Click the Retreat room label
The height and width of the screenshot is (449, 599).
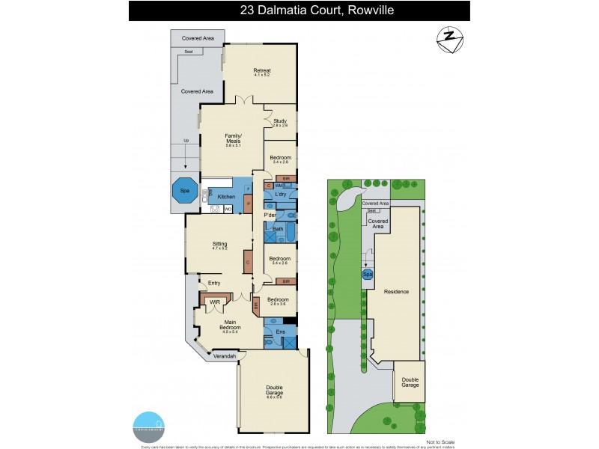pyautogui.click(x=261, y=72)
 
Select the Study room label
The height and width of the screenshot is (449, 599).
pyautogui.click(x=280, y=122)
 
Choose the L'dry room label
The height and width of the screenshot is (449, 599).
pyautogui.click(x=282, y=195)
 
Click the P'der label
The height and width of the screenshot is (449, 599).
pyautogui.click(x=270, y=216)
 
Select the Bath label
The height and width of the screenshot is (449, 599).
pyautogui.click(x=277, y=228)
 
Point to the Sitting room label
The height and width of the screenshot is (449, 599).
pyautogui.click(x=219, y=245)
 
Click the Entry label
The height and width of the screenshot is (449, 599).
pyautogui.click(x=214, y=283)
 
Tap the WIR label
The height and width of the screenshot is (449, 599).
pyautogui.click(x=214, y=302)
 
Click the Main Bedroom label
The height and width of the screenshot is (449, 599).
pyautogui.click(x=230, y=326)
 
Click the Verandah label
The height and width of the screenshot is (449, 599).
pyautogui.click(x=225, y=356)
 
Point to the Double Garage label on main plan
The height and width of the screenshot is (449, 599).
pyautogui.click(x=273, y=390)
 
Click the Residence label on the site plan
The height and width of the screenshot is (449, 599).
pyautogui.click(x=396, y=291)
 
